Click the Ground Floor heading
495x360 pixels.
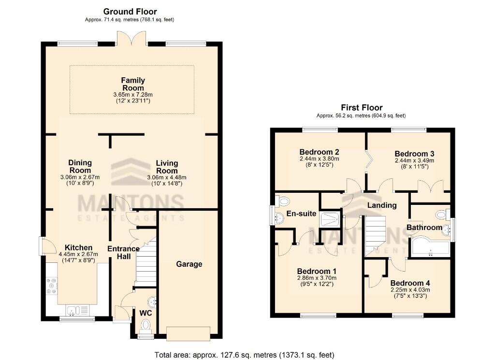(130, 12)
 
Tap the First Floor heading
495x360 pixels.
(362, 108)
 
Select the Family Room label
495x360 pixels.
(133, 84)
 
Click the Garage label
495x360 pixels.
(189, 264)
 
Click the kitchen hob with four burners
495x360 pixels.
(52, 288)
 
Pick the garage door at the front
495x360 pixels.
(189, 333)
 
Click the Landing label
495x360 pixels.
(381, 205)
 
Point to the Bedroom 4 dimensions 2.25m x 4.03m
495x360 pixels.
(410, 290)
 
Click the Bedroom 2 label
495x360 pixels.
(319, 151)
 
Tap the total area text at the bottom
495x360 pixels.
(244, 355)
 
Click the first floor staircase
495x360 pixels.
(375, 235)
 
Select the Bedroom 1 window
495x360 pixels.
(318, 316)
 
